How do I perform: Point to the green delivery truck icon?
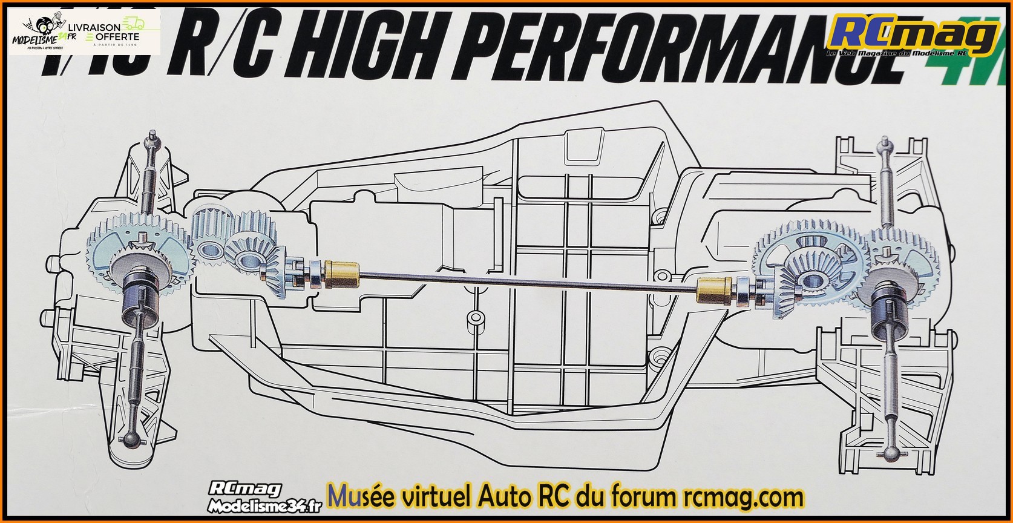click(135, 24)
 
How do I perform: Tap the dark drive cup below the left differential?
click(140, 297)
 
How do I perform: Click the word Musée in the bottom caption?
click(361, 498)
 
